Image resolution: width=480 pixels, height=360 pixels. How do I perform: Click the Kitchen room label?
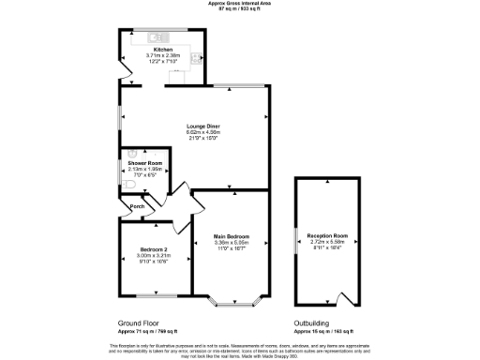[x=163, y=49]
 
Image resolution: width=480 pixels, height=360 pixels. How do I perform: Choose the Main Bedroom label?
[x=230, y=235]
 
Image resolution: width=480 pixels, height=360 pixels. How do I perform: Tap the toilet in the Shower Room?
[x=127, y=184]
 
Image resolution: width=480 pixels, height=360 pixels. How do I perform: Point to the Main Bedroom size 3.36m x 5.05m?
[x=230, y=242]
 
